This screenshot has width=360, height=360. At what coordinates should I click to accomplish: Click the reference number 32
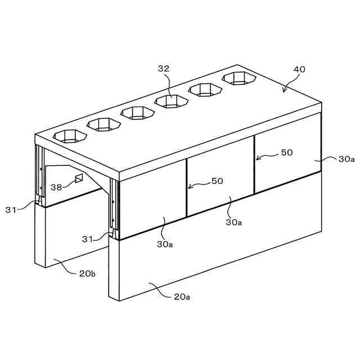[x=163, y=69]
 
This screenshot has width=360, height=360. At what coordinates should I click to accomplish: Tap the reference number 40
[x=299, y=70]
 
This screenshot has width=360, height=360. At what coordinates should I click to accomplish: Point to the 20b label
[x=87, y=274]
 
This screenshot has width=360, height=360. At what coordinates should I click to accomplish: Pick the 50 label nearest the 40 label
[x=286, y=153]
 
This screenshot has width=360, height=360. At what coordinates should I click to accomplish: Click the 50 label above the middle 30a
[x=217, y=181]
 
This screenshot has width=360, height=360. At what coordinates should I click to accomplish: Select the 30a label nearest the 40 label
[x=346, y=159]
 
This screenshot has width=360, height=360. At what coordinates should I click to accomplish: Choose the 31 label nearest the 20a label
[x=88, y=239]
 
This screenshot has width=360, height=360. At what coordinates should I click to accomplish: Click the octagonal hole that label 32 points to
[x=172, y=101]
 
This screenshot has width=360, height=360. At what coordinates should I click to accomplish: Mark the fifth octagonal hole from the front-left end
[x=205, y=89]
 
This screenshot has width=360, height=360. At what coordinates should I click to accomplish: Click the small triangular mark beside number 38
[x=78, y=179]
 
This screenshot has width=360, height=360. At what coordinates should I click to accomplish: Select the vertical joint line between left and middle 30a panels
[x=186, y=188]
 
